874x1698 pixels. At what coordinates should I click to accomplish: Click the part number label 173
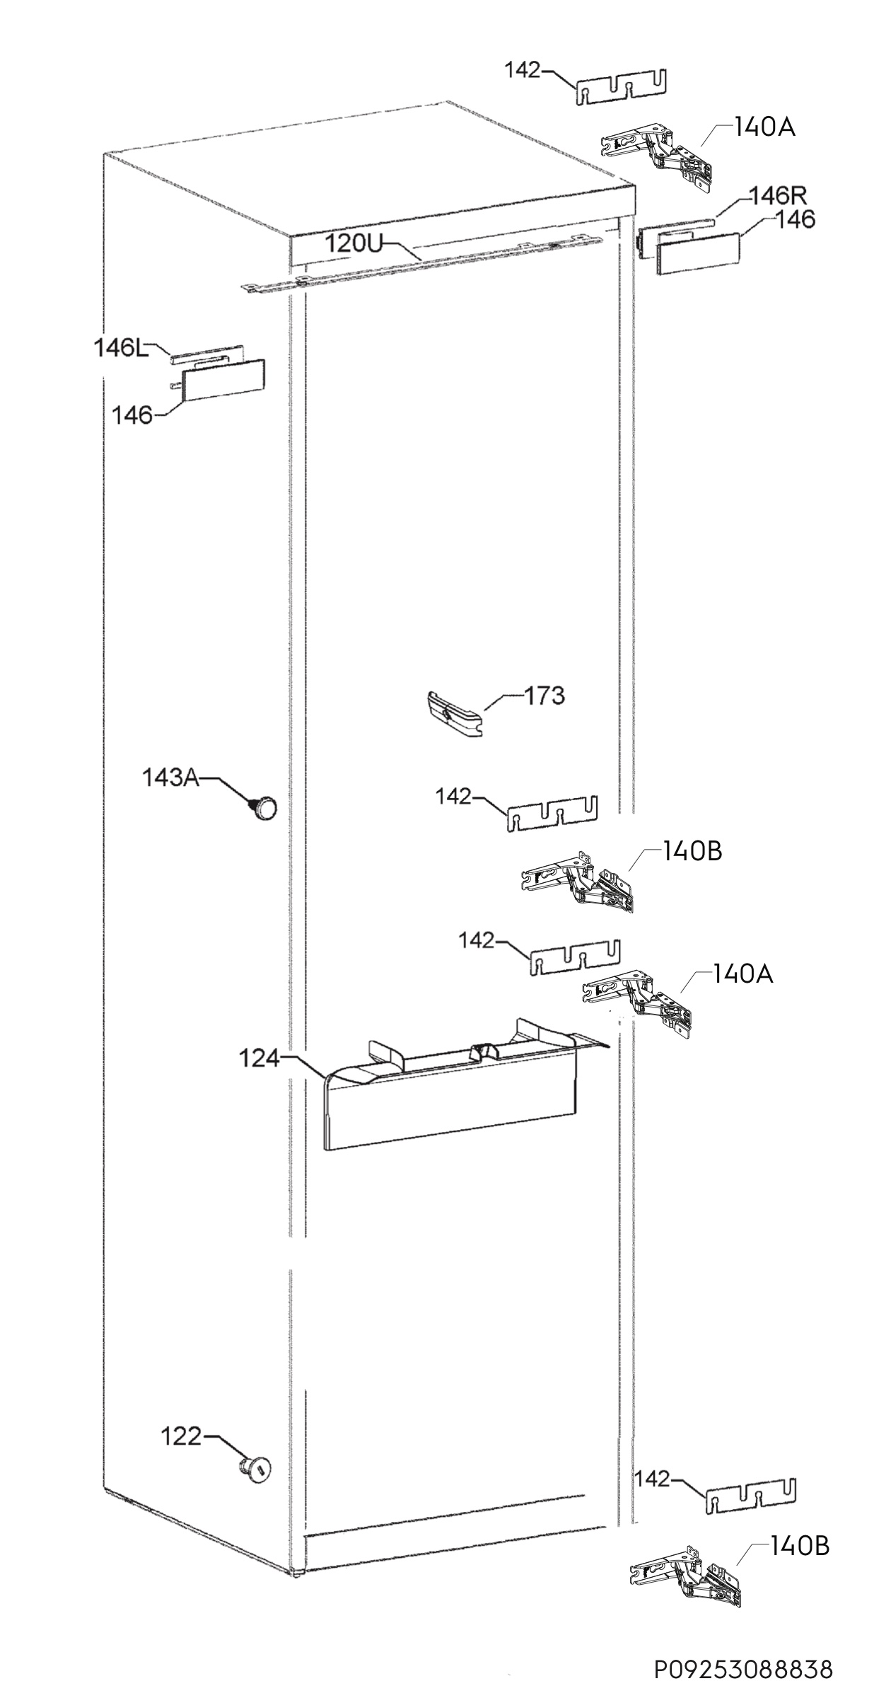pyautogui.click(x=544, y=695)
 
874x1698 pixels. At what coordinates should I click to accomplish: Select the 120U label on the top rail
pyautogui.click(x=353, y=244)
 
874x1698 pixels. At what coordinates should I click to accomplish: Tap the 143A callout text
pyautogui.click(x=170, y=778)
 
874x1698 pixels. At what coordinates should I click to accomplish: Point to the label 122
pyautogui.click(x=181, y=1436)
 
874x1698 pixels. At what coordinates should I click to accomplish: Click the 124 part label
pyautogui.click(x=260, y=1079)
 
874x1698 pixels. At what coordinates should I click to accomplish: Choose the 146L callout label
pyautogui.click(x=122, y=347)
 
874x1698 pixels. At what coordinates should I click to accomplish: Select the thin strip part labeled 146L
pyautogui.click(x=207, y=355)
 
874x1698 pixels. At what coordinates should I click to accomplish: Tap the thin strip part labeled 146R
pyautogui.click(x=677, y=233)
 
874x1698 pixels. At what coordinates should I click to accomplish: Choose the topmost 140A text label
pyautogui.click(x=764, y=127)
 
